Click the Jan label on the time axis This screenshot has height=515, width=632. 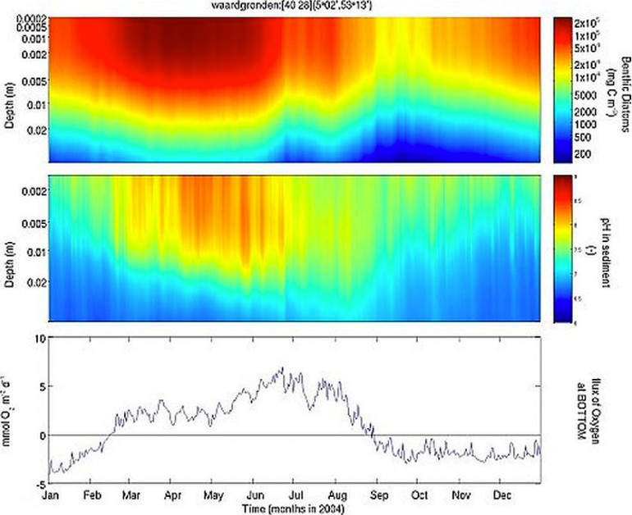[50, 496]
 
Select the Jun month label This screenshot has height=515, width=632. [255, 496]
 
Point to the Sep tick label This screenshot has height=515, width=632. [378, 496]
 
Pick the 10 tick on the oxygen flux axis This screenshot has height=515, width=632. [36, 337]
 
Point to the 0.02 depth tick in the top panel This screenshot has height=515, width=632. [36, 130]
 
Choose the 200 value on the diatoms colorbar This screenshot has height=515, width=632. [582, 153]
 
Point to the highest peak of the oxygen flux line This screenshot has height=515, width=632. [283, 368]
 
